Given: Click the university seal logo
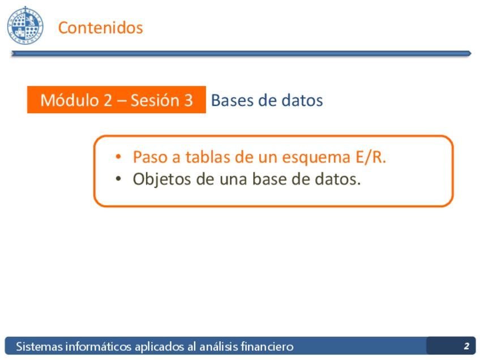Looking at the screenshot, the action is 25,25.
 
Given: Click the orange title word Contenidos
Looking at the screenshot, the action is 100,28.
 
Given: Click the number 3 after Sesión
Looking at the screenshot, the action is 188,100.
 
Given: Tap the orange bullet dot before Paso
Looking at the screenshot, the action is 118,157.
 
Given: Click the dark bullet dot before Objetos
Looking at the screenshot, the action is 118,179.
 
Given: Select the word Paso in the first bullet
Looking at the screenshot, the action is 150,157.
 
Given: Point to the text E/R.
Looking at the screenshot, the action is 371,157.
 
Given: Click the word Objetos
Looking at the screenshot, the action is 162,179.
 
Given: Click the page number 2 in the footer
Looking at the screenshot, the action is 466,346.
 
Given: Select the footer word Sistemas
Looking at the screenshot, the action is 39,346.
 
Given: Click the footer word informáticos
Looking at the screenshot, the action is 98,346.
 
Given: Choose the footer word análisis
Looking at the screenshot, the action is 218,346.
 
